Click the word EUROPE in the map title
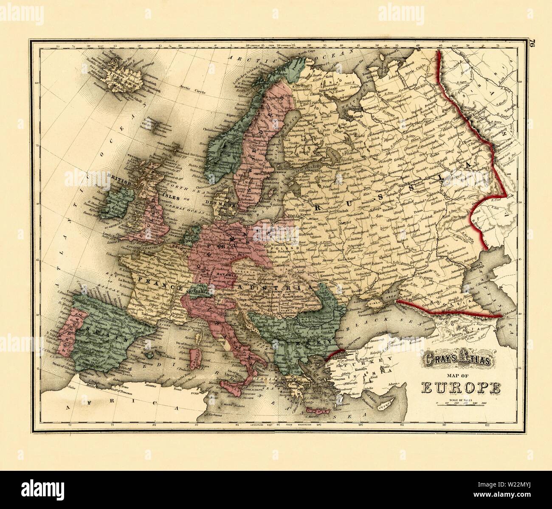coord(460,388)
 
